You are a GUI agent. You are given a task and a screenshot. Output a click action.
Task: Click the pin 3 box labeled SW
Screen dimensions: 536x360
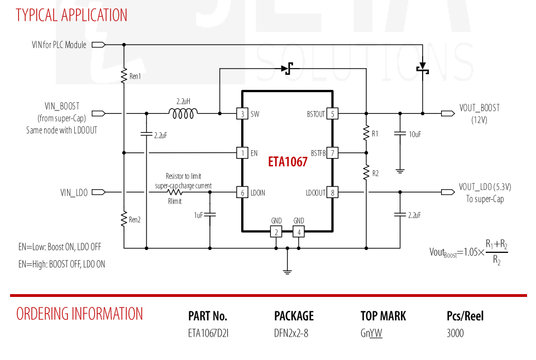tap(242, 113)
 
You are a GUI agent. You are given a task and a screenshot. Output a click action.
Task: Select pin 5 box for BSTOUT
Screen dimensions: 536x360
tap(332, 113)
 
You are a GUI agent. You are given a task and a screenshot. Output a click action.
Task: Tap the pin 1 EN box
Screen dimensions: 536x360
tap(242, 153)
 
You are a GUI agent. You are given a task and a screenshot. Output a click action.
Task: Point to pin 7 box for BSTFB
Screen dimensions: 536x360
tap(332, 153)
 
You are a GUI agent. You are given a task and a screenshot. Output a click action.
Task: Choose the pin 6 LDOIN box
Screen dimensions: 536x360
tap(242, 193)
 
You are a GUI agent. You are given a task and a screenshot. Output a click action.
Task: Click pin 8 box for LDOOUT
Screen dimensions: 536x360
tap(332, 193)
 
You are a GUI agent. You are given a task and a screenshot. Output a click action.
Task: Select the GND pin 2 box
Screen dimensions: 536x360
tap(276, 232)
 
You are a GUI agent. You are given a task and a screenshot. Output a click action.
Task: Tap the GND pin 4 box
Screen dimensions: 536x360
tap(299, 232)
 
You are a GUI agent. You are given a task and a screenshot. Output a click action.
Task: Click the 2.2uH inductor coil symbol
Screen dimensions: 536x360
tap(183, 113)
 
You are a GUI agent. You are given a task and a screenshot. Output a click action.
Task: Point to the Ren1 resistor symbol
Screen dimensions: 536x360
tap(124, 76)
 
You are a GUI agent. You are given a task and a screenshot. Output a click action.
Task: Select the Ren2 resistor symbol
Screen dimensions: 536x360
tap(124, 219)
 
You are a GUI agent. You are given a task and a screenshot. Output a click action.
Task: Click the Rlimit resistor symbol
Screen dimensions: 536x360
tap(174, 193)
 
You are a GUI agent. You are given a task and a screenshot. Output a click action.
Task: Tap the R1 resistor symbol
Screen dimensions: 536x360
tap(366, 133)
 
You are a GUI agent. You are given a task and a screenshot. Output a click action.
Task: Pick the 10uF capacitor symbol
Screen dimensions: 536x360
tap(400, 133)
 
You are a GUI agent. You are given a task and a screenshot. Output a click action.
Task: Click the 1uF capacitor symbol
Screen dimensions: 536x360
tap(210, 214)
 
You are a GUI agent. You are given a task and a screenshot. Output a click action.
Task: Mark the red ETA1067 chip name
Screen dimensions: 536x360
tap(288, 161)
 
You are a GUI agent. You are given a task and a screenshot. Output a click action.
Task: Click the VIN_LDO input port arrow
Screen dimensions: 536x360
tap(98, 193)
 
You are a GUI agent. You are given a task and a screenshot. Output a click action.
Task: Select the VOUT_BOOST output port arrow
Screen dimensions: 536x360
tap(448, 113)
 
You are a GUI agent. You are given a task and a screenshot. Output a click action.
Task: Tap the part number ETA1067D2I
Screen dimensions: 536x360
tap(208, 333)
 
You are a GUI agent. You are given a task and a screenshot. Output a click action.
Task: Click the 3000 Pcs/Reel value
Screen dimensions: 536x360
tap(455, 333)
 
